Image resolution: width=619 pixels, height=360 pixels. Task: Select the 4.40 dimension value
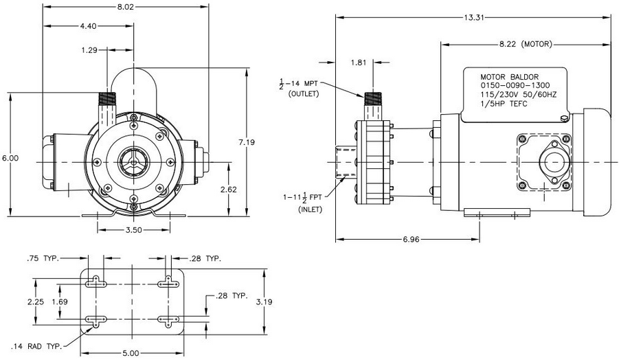click(x=89, y=25)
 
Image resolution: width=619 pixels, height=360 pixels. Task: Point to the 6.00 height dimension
click(x=11, y=158)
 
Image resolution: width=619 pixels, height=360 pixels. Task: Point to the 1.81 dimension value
click(x=358, y=63)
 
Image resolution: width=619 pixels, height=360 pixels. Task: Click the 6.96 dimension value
click(x=406, y=240)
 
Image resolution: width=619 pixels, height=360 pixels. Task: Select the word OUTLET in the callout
click(x=304, y=93)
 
